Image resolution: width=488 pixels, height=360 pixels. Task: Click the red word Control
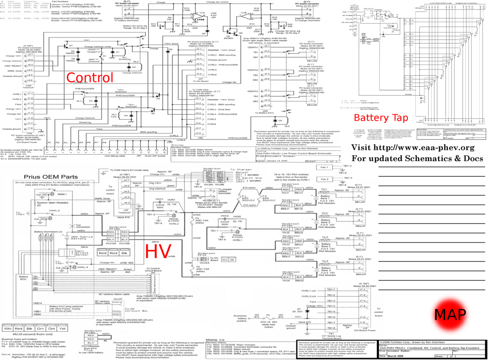point(90,77)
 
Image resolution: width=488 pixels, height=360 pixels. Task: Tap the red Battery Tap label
point(381,118)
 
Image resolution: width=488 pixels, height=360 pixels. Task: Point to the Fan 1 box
point(324,167)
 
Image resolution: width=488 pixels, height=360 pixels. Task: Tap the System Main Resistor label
point(39,203)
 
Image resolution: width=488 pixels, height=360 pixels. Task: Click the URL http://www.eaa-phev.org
point(412,148)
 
